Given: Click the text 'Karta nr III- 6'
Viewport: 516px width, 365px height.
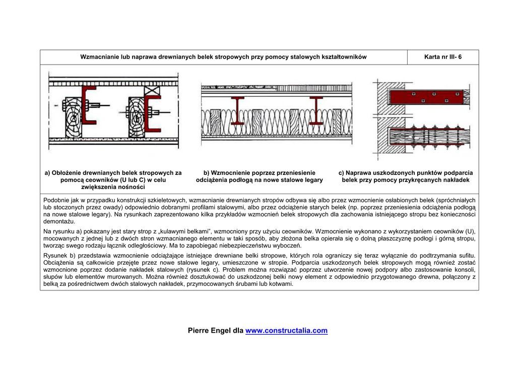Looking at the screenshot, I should coord(443,57).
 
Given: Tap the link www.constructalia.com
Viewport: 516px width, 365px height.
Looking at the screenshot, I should coord(286,331).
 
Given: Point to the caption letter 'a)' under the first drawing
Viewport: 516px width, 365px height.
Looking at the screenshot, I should coord(48,173).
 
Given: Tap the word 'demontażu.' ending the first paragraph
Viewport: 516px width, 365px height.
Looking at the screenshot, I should coord(59,221).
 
